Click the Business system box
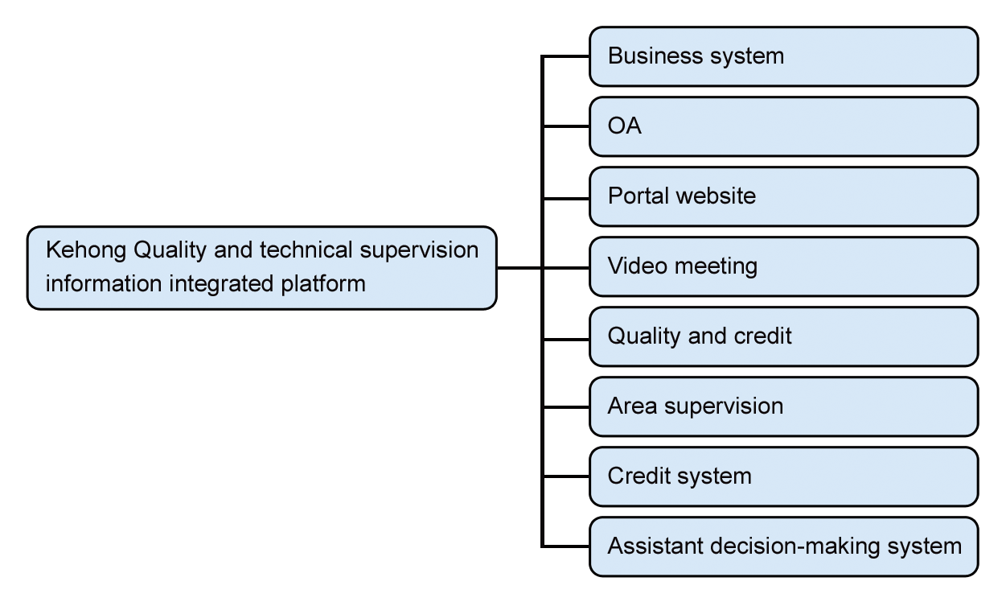coord(784,56)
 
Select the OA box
coord(784,126)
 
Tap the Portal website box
coord(784,196)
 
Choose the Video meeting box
coord(784,266)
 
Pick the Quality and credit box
coord(784,336)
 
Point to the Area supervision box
coord(784,407)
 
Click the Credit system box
coord(784,476)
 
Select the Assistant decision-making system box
coord(784,546)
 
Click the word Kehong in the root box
coord(86,250)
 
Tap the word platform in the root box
coord(323,284)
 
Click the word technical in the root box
coord(306,250)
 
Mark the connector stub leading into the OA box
coord(566,126)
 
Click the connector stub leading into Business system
coord(566,56)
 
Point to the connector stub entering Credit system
coord(566,476)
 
